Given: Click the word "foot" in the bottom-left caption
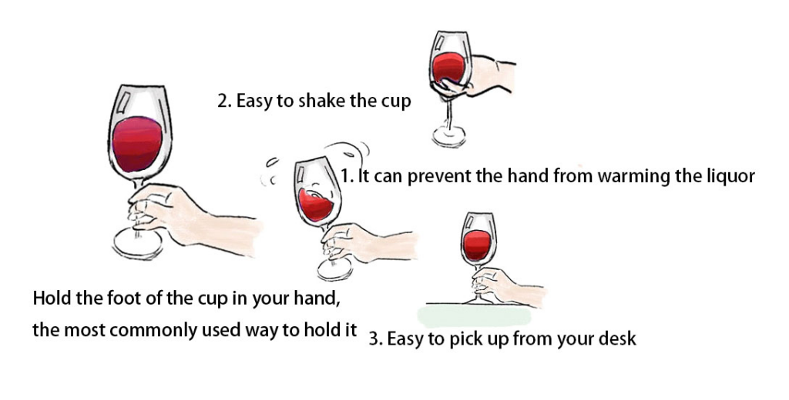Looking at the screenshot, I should click(123, 298).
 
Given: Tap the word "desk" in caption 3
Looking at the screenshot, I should click(618, 338).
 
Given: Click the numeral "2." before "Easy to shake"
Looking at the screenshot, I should click(224, 101).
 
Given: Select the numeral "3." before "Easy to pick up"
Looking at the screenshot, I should click(375, 338).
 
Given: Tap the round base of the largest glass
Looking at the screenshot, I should click(138, 244).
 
